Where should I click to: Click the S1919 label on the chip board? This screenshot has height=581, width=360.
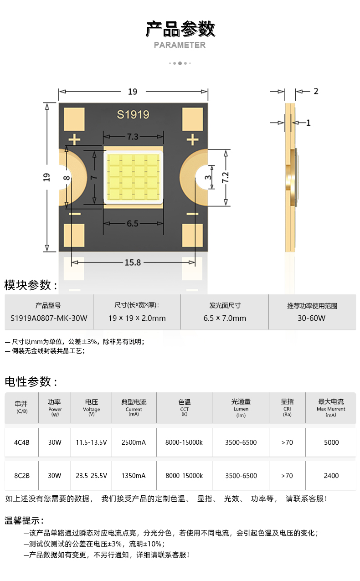(133, 114)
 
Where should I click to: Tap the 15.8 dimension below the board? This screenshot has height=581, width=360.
(133, 262)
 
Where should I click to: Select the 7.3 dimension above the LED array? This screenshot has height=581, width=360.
(133, 137)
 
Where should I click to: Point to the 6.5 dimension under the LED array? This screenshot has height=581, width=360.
(133, 224)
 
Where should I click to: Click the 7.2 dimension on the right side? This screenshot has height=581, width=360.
(226, 177)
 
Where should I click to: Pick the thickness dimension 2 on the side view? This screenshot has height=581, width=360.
(316, 91)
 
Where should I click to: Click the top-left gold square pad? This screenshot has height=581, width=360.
(74, 119)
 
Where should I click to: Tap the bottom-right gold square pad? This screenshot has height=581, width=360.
(192, 235)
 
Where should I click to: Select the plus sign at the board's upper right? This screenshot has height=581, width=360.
(192, 140)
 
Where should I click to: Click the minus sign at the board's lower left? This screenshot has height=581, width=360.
(75, 214)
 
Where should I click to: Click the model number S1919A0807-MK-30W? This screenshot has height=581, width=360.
(49, 318)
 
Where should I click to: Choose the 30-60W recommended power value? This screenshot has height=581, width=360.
(312, 318)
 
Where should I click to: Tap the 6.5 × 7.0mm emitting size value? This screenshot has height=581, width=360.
(225, 318)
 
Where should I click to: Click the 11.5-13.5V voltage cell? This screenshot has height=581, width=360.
(91, 442)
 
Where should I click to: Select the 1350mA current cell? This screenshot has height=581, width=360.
(134, 475)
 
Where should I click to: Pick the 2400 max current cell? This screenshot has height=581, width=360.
(331, 475)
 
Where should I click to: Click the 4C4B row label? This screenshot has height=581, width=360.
(22, 442)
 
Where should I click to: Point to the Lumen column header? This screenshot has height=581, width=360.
(241, 408)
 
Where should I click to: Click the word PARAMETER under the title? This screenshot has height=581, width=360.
(180, 45)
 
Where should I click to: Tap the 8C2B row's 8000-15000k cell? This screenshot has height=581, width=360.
(184, 475)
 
